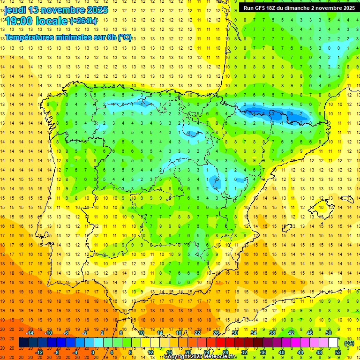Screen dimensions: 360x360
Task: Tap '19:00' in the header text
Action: tap(20, 21)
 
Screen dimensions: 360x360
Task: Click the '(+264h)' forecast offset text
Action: tap(83, 21)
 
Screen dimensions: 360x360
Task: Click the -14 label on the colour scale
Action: tap(30, 333)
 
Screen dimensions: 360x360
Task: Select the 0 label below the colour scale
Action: tap(93, 352)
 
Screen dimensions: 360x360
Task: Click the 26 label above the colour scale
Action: tap(216, 333)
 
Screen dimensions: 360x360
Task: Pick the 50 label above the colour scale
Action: tap(329, 333)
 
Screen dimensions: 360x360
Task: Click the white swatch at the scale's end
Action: tap(333, 343)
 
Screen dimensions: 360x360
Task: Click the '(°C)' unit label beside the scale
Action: tap(349, 343)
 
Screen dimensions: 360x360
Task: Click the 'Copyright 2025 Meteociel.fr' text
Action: tap(200, 357)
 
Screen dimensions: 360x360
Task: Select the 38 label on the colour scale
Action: tap(272, 333)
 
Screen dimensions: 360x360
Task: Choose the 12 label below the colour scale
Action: tap(150, 352)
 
